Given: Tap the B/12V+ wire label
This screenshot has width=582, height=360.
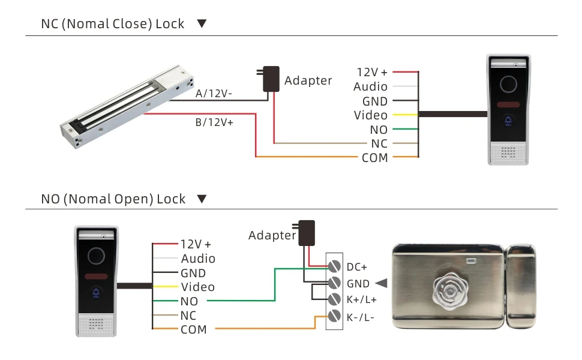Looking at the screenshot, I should [215, 122].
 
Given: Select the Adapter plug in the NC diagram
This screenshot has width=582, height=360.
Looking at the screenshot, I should [271, 79].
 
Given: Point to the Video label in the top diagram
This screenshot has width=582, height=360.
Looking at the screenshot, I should [371, 115].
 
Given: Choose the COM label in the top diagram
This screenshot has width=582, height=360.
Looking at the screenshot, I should [375, 158].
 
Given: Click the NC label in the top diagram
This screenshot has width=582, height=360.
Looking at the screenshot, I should [379, 143].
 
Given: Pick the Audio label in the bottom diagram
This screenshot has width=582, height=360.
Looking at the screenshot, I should [198, 259].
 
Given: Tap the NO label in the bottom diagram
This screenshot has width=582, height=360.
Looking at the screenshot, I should [189, 301].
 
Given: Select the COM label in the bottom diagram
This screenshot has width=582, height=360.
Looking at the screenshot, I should [193, 329].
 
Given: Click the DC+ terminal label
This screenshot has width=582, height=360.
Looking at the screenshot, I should [357, 267].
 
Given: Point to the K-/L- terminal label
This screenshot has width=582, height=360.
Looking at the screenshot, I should [361, 316].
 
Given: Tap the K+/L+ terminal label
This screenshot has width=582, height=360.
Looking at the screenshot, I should [361, 299].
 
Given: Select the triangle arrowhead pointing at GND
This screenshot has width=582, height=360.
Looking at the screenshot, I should [380, 283].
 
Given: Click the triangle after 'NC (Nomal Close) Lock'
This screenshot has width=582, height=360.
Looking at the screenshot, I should [202, 24].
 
